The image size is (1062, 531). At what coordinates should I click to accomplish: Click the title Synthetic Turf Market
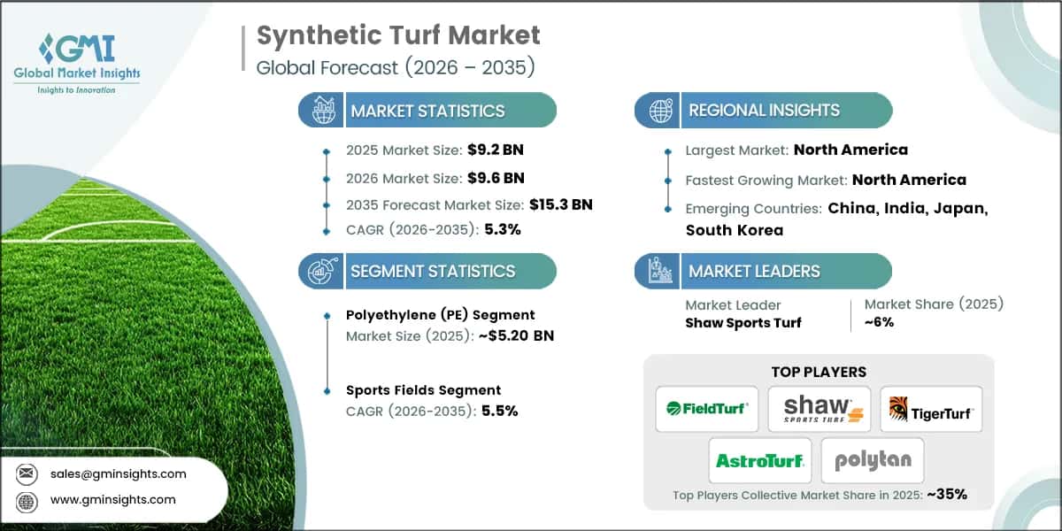[x=398, y=35]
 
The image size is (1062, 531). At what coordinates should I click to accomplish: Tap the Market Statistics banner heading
[x=427, y=111]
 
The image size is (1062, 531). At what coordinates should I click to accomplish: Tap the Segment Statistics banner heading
[x=432, y=272]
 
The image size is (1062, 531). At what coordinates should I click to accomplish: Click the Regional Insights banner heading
[x=764, y=111]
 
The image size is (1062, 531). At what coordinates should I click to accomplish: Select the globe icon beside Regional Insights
[x=660, y=111]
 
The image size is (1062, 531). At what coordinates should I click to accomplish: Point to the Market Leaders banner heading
[x=754, y=272]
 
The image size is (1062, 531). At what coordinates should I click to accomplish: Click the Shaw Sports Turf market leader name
[x=743, y=322]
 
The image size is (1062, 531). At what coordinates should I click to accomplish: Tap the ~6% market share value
[x=879, y=322]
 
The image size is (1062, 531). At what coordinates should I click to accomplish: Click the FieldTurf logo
[x=707, y=408]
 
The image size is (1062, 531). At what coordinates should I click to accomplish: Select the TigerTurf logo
[x=931, y=408]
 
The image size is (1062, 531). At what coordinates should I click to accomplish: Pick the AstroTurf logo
[x=759, y=460]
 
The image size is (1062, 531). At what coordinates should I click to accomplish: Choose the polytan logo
[x=872, y=460]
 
